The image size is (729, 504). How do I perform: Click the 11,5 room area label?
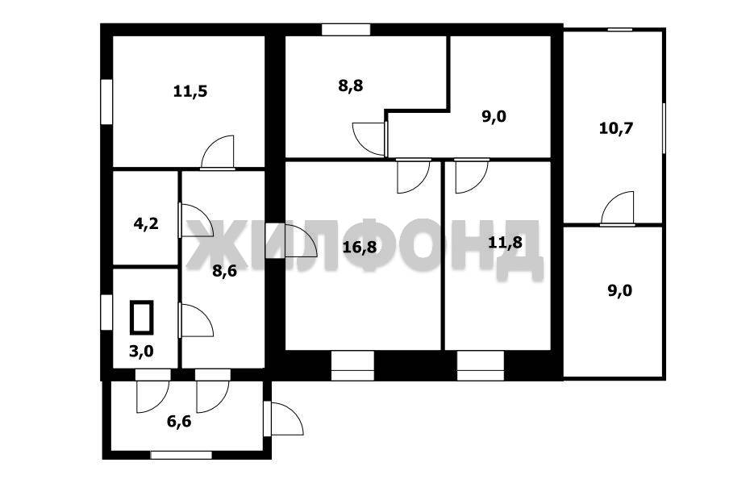190,91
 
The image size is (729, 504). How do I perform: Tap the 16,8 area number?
360,247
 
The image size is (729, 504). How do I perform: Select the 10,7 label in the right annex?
616,128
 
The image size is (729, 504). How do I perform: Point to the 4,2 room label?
146,223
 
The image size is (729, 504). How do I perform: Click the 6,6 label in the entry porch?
179,422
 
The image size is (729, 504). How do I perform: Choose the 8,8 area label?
351,85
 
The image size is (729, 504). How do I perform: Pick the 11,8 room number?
506,242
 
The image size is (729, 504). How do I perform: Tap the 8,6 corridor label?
224,271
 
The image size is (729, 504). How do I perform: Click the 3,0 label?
141,351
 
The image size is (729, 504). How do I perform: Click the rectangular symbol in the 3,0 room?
141,317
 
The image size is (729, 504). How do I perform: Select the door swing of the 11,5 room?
218,152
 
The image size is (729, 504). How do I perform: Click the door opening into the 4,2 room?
196,220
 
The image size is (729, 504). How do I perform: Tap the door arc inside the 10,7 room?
618,208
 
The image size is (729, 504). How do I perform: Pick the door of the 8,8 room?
369,139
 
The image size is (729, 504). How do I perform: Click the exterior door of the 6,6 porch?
283,419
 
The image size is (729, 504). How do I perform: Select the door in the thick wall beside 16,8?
291,240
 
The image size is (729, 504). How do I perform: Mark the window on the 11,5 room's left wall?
107,102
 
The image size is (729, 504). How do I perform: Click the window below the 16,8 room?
353,365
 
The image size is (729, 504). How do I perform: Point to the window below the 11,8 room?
481,365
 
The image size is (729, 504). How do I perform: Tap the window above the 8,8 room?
346,29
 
